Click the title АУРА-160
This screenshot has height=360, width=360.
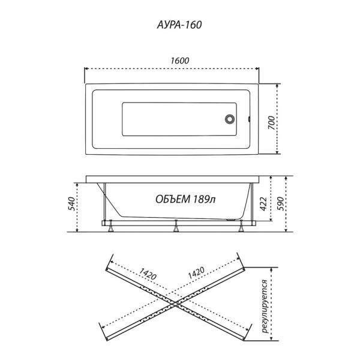180,26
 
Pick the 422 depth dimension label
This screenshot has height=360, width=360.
262,202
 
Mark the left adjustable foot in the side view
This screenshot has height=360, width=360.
111,227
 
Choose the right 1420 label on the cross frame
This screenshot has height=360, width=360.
197,274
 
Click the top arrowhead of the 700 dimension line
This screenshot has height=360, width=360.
277,85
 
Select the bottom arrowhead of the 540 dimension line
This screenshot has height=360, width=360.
78,230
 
